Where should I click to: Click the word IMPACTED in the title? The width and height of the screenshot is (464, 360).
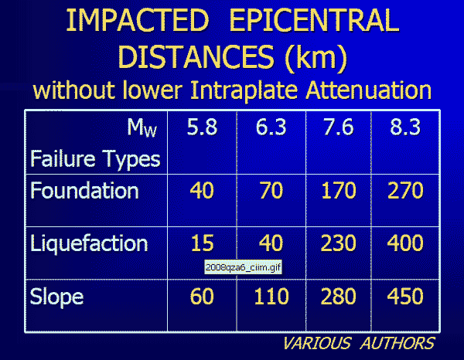pos(138,20)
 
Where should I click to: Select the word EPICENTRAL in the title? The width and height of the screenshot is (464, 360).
pos(314,20)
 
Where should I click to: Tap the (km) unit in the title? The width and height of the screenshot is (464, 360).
pos(316,57)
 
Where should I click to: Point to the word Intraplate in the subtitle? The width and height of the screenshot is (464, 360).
pos(244,90)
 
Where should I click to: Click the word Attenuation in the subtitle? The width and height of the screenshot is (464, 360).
pos(369,90)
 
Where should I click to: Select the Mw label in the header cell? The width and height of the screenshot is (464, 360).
pos(142,127)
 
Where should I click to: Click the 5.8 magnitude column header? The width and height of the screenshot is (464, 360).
pos(202,127)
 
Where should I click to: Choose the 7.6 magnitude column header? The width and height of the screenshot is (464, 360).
pos(338,127)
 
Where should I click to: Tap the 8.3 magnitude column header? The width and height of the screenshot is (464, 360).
pos(405,127)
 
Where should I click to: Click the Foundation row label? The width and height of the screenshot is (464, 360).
pos(84,190)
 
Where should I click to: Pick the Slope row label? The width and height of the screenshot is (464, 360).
pos(56,297)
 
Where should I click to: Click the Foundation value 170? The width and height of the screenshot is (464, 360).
pos(338,190)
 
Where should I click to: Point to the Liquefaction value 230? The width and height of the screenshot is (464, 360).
pos(338,243)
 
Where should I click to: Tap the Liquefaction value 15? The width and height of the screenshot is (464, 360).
pos(202,243)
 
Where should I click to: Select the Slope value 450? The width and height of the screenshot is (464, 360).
pos(405,296)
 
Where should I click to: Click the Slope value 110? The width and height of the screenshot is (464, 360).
pos(271,296)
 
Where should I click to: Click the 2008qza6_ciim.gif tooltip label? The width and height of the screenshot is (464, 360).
pos(243,267)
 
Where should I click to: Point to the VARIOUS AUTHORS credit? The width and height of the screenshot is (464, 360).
pos(359,344)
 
